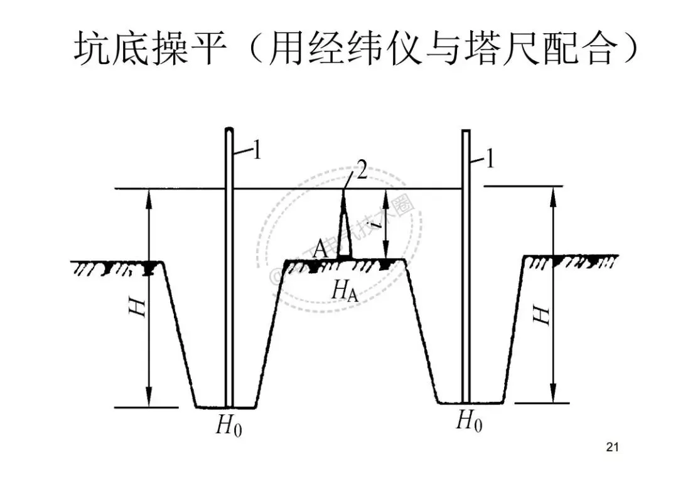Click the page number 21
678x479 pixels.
coord(613,447)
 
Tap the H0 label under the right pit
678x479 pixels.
coord(469,421)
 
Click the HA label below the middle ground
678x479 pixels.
coord(345,290)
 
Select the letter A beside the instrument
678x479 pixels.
coord(320,249)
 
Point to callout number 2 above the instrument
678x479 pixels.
coord(362,172)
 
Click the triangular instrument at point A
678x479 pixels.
coord(343,229)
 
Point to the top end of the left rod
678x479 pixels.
coord(230,131)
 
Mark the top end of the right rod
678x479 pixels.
coord(466,132)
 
